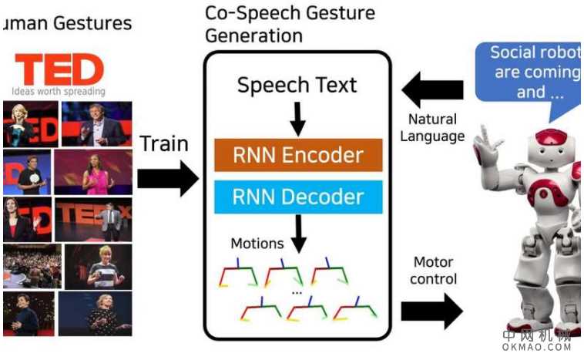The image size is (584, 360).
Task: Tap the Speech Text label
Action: pos(297,84)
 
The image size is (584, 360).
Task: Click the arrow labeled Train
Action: pos(167,179)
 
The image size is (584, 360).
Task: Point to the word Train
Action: pos(164,143)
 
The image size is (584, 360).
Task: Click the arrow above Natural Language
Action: pos(432,90)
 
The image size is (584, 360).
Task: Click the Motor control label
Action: pos(434,270)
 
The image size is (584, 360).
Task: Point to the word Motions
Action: pos(257,244)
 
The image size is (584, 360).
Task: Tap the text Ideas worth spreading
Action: pos(59,91)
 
